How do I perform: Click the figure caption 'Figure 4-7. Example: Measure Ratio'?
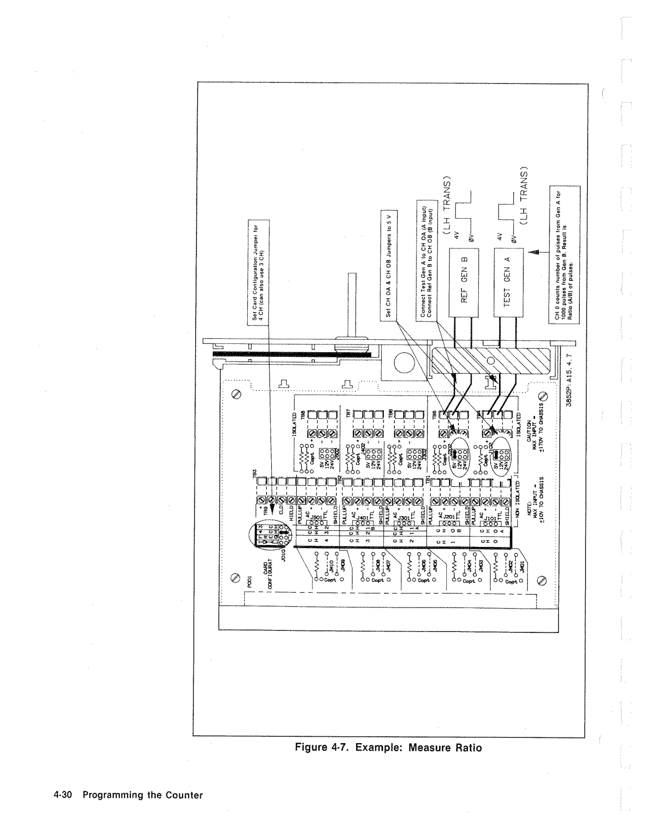(x=388, y=748)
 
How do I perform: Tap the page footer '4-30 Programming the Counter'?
(x=128, y=795)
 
